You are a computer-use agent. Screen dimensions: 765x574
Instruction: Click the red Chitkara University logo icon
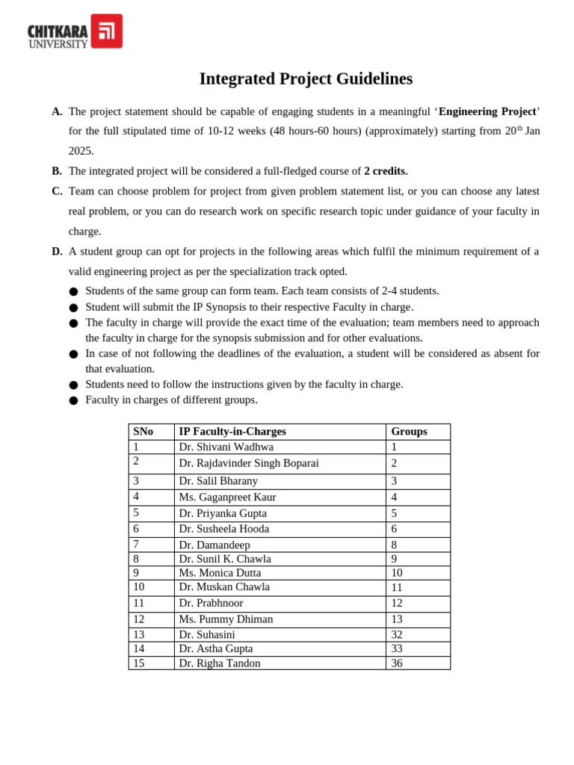pos(107,31)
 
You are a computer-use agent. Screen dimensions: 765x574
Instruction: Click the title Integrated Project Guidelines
pos(306,78)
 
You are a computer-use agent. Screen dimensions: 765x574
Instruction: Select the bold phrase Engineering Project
pos(487,111)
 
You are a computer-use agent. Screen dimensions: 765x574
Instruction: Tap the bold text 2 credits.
pos(386,171)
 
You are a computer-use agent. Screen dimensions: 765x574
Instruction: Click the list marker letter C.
pos(57,191)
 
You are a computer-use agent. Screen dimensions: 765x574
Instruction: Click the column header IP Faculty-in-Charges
pos(232,431)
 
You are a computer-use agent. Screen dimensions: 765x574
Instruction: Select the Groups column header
pos(409,431)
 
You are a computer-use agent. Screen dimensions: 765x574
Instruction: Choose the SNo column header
pos(143,431)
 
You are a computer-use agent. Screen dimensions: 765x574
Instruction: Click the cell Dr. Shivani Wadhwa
pos(226,447)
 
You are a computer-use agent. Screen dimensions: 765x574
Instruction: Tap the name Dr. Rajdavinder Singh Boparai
pos(248,463)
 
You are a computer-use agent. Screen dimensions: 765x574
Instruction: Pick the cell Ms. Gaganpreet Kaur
pos(227,497)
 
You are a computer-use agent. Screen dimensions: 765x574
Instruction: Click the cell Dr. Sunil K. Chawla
pos(225,559)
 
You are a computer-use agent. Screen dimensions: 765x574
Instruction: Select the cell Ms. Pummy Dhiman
pos(226,619)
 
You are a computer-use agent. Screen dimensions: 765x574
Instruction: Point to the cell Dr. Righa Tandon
pos(220,663)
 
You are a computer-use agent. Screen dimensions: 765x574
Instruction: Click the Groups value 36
pos(397,663)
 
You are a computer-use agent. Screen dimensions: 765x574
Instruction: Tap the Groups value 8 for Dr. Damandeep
pos(394,545)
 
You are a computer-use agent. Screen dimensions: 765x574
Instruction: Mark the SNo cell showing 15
pos(138,663)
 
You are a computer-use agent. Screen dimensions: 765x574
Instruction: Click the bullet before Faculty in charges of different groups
pos(73,400)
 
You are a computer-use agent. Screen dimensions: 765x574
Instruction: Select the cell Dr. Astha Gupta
pos(216,648)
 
